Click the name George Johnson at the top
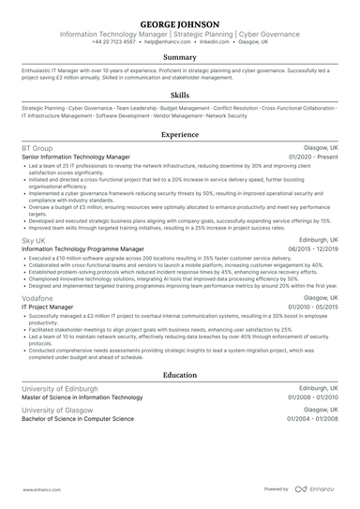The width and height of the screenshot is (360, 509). click(180, 22)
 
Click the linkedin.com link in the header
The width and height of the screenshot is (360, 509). click(214, 42)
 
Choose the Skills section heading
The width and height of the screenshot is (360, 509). click(180, 96)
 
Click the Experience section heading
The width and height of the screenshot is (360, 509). click(180, 135)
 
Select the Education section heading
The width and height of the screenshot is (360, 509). click(180, 375)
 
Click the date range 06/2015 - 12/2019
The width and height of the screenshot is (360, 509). click(313, 249)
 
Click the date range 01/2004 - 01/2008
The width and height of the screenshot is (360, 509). click(313, 420)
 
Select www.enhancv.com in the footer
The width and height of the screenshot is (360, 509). click(34, 489)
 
